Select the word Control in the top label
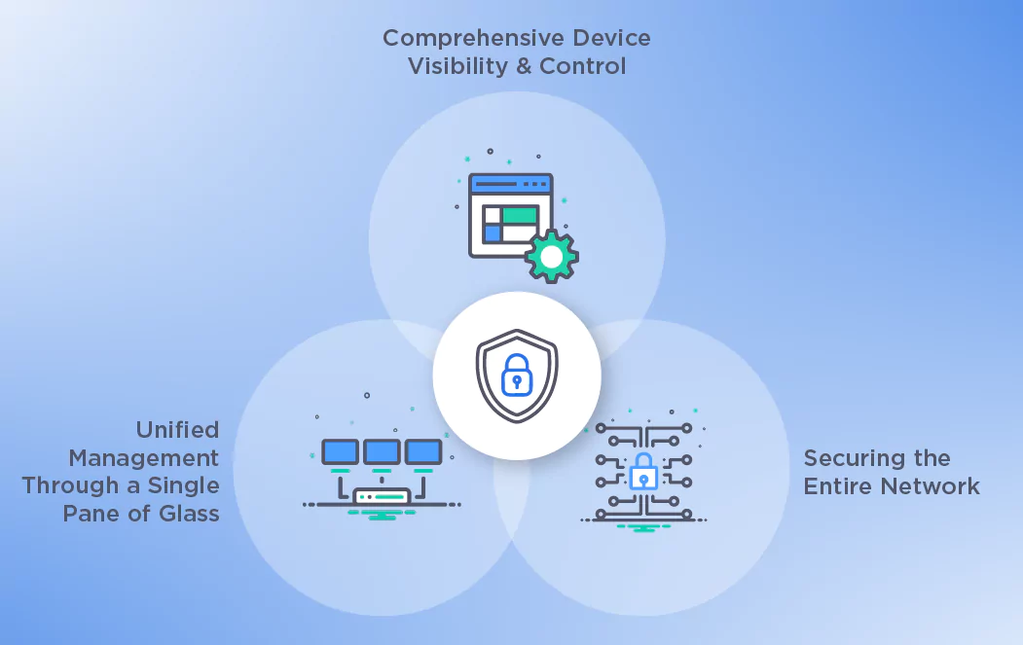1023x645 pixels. [582, 66]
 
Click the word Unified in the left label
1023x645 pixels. [178, 430]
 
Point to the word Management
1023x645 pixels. [144, 457]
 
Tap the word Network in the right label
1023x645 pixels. [932, 485]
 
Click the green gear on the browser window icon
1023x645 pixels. [552, 257]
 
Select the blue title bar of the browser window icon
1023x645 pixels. [510, 184]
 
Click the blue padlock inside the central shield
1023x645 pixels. [516, 376]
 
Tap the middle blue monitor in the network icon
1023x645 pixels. [381, 451]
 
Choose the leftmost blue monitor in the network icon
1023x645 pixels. [340, 451]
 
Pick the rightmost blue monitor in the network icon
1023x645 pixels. [422, 451]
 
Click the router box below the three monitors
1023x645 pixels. [381, 496]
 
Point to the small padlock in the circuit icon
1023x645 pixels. [642, 475]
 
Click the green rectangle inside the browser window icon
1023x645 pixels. [519, 215]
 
